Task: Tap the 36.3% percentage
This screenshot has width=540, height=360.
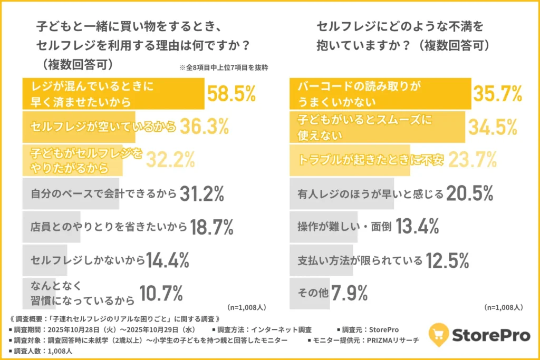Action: [x=204, y=127]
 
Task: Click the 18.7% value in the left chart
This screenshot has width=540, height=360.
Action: [x=211, y=227]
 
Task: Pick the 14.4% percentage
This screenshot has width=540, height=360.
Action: [x=168, y=260]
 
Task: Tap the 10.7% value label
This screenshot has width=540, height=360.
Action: [x=161, y=293]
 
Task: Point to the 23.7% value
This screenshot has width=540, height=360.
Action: [x=472, y=160]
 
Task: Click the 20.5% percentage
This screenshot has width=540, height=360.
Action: [x=469, y=194]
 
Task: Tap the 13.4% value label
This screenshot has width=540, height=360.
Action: [x=417, y=227]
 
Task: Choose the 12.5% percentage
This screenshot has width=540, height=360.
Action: [x=447, y=260]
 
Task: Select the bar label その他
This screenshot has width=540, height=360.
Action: [x=310, y=294]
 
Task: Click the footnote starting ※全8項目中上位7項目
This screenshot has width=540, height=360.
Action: [x=228, y=67]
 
